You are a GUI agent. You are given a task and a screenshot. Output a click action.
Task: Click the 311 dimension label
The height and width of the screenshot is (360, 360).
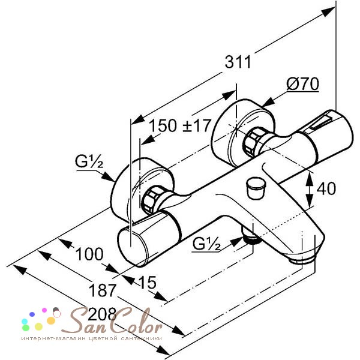[238, 62]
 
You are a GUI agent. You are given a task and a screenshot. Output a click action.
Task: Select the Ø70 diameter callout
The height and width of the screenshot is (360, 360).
[302, 84]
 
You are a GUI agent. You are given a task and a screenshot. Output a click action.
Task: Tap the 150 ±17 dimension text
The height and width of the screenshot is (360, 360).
[180, 125]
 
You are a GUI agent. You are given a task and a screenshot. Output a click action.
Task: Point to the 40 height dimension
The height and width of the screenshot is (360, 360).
[326, 189]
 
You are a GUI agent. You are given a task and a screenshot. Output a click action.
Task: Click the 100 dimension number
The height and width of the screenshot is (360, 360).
[89, 254]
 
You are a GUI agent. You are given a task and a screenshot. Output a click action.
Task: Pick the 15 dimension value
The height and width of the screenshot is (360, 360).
[148, 282]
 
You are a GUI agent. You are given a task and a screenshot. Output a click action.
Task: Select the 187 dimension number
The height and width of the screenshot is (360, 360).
[103, 290]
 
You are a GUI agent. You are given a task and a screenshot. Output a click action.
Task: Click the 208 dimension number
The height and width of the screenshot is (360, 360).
[102, 314]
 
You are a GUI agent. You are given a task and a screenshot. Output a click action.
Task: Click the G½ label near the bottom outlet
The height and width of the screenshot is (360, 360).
[206, 244]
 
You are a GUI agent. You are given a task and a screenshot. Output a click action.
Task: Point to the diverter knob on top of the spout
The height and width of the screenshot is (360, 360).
[255, 188]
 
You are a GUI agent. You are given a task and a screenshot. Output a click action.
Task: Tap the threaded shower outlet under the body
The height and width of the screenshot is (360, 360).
[252, 239]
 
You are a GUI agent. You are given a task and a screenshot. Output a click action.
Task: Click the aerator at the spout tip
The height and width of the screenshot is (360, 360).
[302, 260]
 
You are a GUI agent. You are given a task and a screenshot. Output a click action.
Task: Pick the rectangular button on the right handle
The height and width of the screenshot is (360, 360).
[322, 123]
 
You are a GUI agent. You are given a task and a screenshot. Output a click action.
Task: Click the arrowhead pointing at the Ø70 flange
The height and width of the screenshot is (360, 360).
[268, 102]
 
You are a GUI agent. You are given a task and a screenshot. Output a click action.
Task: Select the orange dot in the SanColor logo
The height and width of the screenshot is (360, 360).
[51, 320]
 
